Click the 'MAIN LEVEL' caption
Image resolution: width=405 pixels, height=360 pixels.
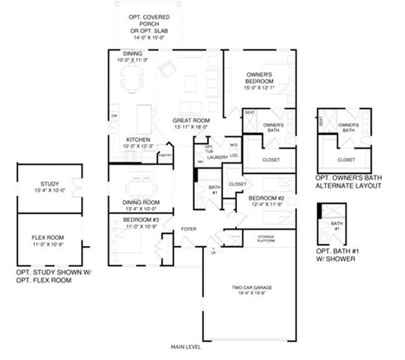point(186,347)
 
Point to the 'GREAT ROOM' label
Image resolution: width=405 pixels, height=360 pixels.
point(191,120)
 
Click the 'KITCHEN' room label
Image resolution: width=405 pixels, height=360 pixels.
point(139,139)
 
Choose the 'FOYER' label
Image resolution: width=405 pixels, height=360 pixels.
point(188,229)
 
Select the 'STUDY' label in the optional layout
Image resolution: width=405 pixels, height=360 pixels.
point(49,183)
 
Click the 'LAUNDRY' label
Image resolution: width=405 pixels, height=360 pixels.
point(217,157)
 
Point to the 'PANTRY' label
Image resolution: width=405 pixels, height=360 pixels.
point(166,155)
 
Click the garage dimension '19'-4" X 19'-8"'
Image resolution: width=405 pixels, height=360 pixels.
point(245,294)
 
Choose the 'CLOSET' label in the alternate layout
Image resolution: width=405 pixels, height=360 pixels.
point(346,160)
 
